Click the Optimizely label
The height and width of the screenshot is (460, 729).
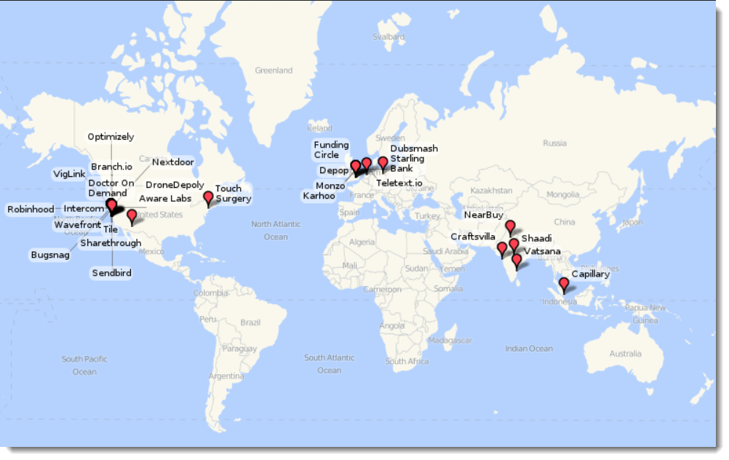tap(111, 137)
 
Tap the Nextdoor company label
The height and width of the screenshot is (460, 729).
tap(173, 162)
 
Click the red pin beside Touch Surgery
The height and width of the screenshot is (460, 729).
tap(209, 197)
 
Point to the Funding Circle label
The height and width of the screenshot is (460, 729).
tap(331, 150)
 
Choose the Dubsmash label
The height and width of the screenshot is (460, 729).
tap(414, 148)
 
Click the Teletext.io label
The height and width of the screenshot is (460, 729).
tap(399, 183)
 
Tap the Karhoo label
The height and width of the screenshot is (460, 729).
tap(319, 196)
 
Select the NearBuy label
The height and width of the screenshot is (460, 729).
tap(484, 215)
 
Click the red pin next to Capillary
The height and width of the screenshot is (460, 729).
tap(563, 284)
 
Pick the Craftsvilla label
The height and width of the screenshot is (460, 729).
tap(474, 237)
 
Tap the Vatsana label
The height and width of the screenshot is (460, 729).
tap(542, 251)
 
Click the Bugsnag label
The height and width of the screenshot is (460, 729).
tap(49, 255)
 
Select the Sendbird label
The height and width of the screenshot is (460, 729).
tap(111, 273)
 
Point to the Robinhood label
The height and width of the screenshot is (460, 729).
tap(31, 210)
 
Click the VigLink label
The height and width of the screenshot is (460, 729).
tap(70, 175)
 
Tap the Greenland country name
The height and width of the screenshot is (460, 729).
tap(274, 71)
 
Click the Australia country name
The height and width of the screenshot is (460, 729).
tap(625, 354)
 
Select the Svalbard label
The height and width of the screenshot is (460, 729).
tap(388, 36)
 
